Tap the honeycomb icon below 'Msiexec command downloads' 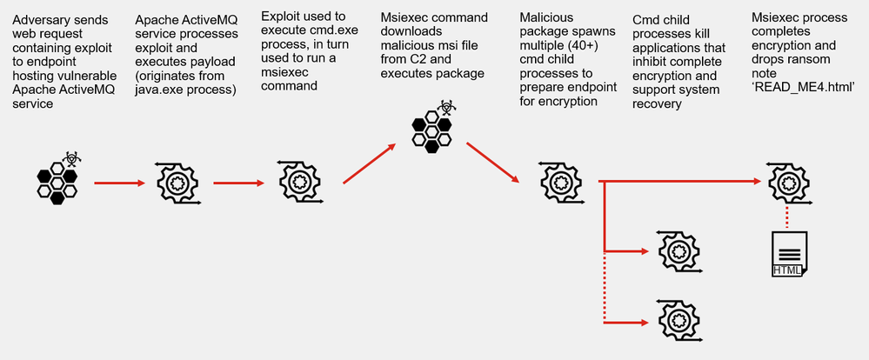coord(432,127)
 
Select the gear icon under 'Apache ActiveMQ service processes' coord(177,183)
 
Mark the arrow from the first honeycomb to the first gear coord(119,183)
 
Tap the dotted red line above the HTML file coord(788,217)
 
